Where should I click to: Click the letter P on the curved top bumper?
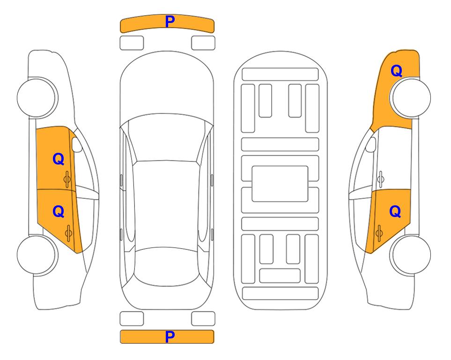click(x=170, y=22)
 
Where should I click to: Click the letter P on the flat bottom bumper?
click(x=170, y=337)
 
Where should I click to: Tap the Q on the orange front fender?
click(x=396, y=71)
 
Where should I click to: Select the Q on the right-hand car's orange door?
click(x=395, y=212)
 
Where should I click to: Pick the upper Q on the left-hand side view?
click(x=58, y=159)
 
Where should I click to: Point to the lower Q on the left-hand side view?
click(x=58, y=212)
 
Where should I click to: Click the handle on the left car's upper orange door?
click(x=67, y=179)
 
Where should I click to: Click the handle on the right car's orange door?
click(x=379, y=232)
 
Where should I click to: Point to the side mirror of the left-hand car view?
click(x=76, y=144)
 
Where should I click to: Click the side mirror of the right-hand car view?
click(x=371, y=144)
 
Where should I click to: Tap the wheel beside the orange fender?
click(x=410, y=97)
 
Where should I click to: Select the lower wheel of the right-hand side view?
click(x=410, y=255)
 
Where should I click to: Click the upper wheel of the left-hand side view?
click(x=37, y=97)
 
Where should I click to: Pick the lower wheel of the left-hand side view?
click(x=37, y=255)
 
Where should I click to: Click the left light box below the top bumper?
click(x=132, y=43)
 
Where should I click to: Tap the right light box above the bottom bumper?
click(x=203, y=319)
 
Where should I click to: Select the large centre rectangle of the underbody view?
click(x=280, y=184)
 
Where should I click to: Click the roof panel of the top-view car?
click(x=166, y=204)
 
